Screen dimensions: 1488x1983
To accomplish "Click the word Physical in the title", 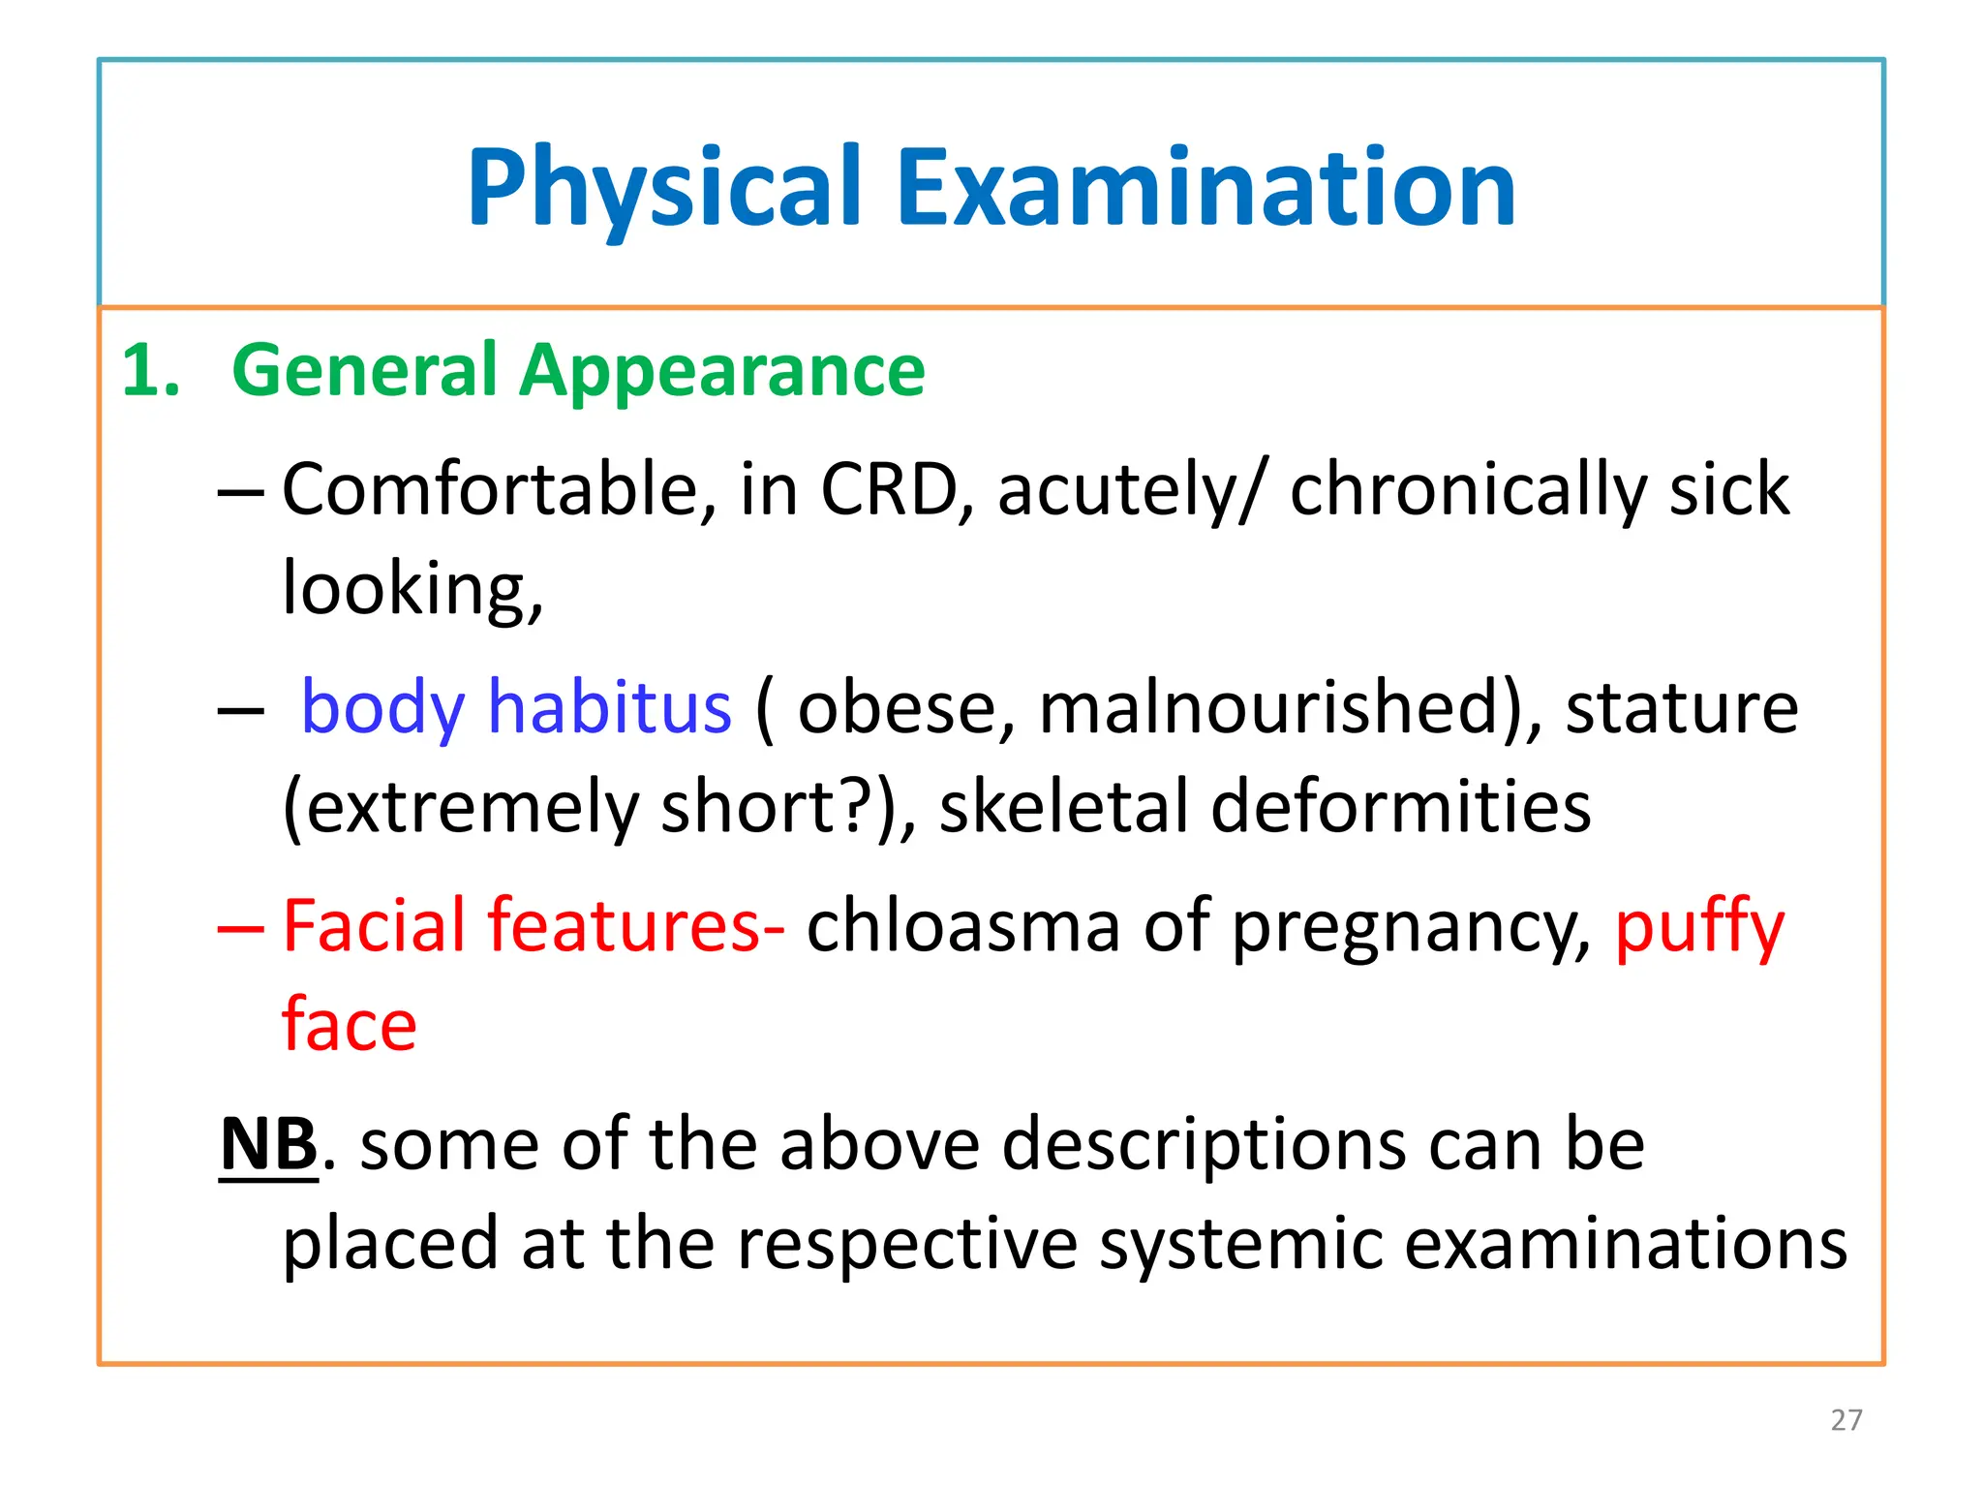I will tap(664, 189).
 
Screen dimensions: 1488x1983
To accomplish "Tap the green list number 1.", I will tap(149, 372).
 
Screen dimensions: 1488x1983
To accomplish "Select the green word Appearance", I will tap(721, 372).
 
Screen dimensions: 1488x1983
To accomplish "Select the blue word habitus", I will tap(609, 707).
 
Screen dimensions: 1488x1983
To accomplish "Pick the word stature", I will tap(1681, 707).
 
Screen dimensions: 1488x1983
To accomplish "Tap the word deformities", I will tap(1400, 807).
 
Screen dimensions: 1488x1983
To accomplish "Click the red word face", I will tap(349, 1025).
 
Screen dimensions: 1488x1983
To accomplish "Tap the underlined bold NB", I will tap(268, 1144).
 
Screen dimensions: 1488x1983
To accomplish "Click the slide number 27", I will tap(1846, 1420).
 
